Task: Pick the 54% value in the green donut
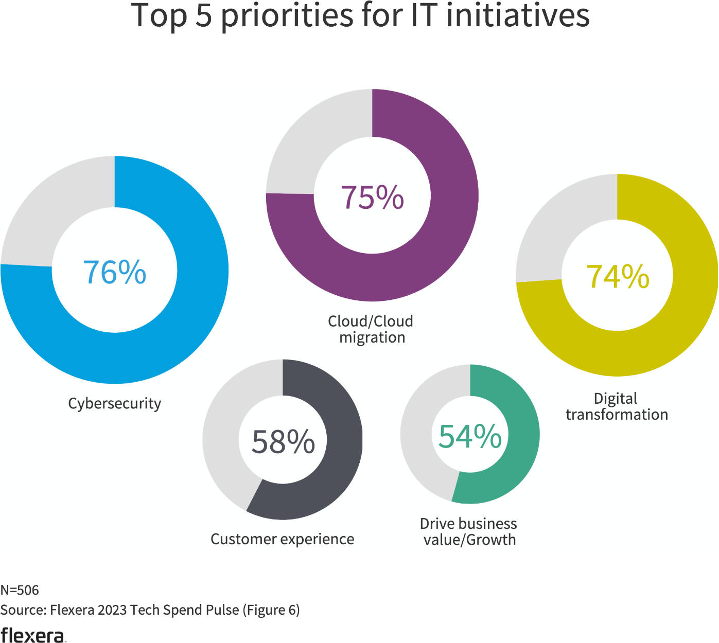pyautogui.click(x=470, y=436)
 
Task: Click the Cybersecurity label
pyautogui.click(x=114, y=403)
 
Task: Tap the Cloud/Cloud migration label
pyautogui.click(x=371, y=329)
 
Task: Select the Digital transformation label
pyautogui.click(x=617, y=406)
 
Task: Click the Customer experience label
pyautogui.click(x=283, y=539)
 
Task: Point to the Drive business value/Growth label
pyautogui.click(x=469, y=531)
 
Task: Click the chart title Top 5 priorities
pyautogui.click(x=360, y=15)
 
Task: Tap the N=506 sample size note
pyautogui.click(x=20, y=590)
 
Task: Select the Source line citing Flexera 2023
pyautogui.click(x=150, y=610)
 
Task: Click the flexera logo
pyautogui.click(x=33, y=635)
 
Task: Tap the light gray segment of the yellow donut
pyautogui.click(x=558, y=221)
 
